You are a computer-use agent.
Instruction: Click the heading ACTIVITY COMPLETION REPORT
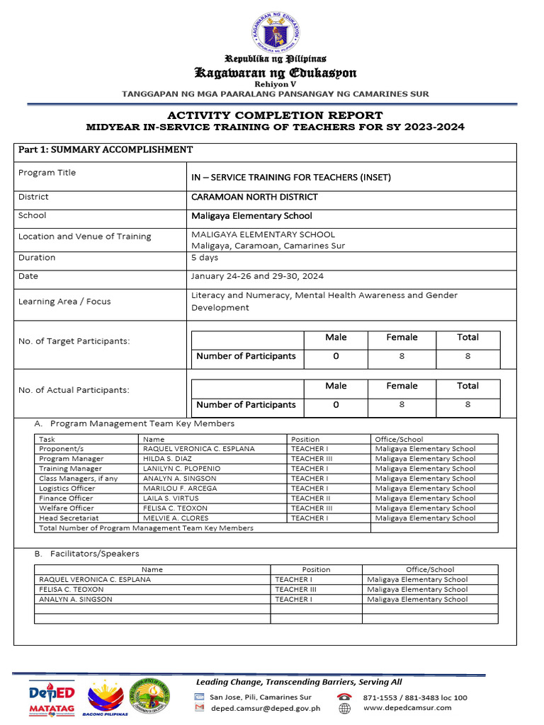click(x=275, y=115)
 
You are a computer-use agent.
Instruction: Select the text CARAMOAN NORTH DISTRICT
click(x=254, y=197)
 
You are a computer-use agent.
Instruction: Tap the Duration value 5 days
click(x=205, y=258)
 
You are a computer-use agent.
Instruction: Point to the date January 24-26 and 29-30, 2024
click(x=257, y=276)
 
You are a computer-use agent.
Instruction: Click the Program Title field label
click(x=47, y=173)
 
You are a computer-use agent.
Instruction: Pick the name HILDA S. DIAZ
click(x=167, y=459)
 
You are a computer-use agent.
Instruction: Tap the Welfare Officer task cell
click(x=66, y=508)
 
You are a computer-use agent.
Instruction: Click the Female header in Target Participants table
click(x=402, y=338)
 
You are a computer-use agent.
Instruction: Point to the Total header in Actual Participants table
click(x=467, y=386)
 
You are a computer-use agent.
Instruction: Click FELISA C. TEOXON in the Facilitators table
click(x=71, y=589)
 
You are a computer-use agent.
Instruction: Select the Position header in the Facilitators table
click(x=316, y=569)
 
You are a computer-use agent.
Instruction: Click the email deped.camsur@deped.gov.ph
click(x=265, y=707)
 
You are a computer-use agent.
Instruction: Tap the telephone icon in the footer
click(x=345, y=697)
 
